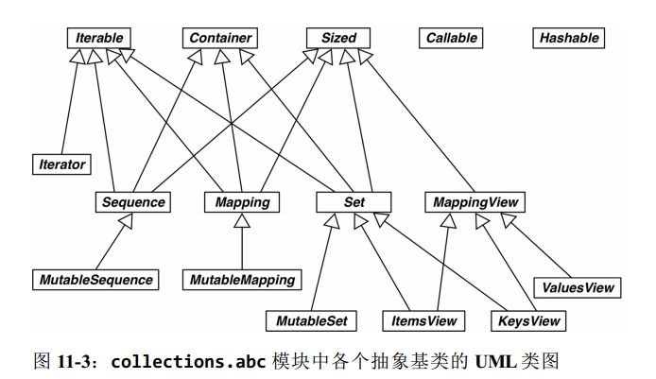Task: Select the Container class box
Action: pyautogui.click(x=219, y=39)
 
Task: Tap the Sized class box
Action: pyautogui.click(x=338, y=39)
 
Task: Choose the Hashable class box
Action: pyautogui.click(x=569, y=39)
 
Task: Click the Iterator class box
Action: pyautogui.click(x=61, y=164)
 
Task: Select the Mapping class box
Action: pyautogui.click(x=242, y=202)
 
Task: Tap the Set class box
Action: pyautogui.click(x=354, y=202)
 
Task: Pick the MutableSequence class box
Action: pyautogui.click(x=95, y=280)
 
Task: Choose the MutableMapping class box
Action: pyautogui.click(x=242, y=280)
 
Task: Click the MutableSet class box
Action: pyautogui.click(x=312, y=321)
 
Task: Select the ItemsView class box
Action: pyautogui.click(x=424, y=321)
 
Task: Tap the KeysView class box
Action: pyautogui.click(x=529, y=321)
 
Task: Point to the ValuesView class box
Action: pyautogui.click(x=578, y=287)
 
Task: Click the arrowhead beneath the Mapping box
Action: pyautogui.click(x=242, y=220)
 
